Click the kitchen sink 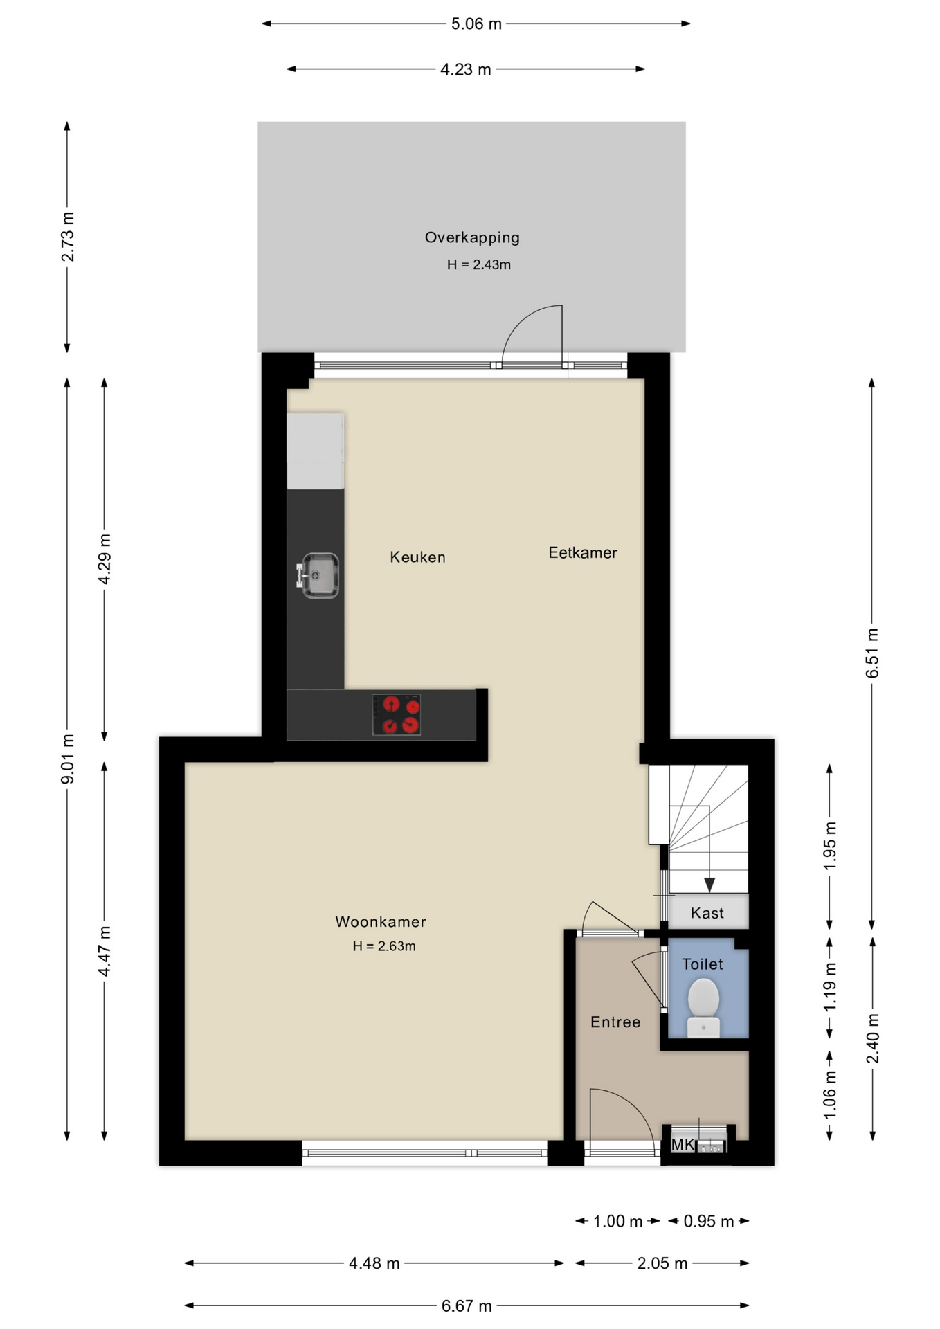pyautogui.click(x=318, y=575)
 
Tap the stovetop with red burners pyautogui.click(x=397, y=714)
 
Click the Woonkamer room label pyautogui.click(x=381, y=921)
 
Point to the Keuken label pyautogui.click(x=417, y=557)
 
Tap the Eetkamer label pyautogui.click(x=582, y=552)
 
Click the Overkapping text pyautogui.click(x=472, y=237)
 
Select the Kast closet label pyautogui.click(x=707, y=913)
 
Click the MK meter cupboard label pyautogui.click(x=682, y=1145)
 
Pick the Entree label pyautogui.click(x=615, y=1022)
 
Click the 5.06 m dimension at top pyautogui.click(x=476, y=24)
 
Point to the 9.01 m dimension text pyautogui.click(x=68, y=759)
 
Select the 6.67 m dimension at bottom pyautogui.click(x=467, y=1305)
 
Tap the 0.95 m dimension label pyautogui.click(x=708, y=1221)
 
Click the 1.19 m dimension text pyautogui.click(x=830, y=986)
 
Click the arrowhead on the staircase pyautogui.click(x=709, y=885)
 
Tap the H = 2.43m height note pyautogui.click(x=478, y=264)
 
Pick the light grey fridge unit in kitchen pyautogui.click(x=316, y=451)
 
